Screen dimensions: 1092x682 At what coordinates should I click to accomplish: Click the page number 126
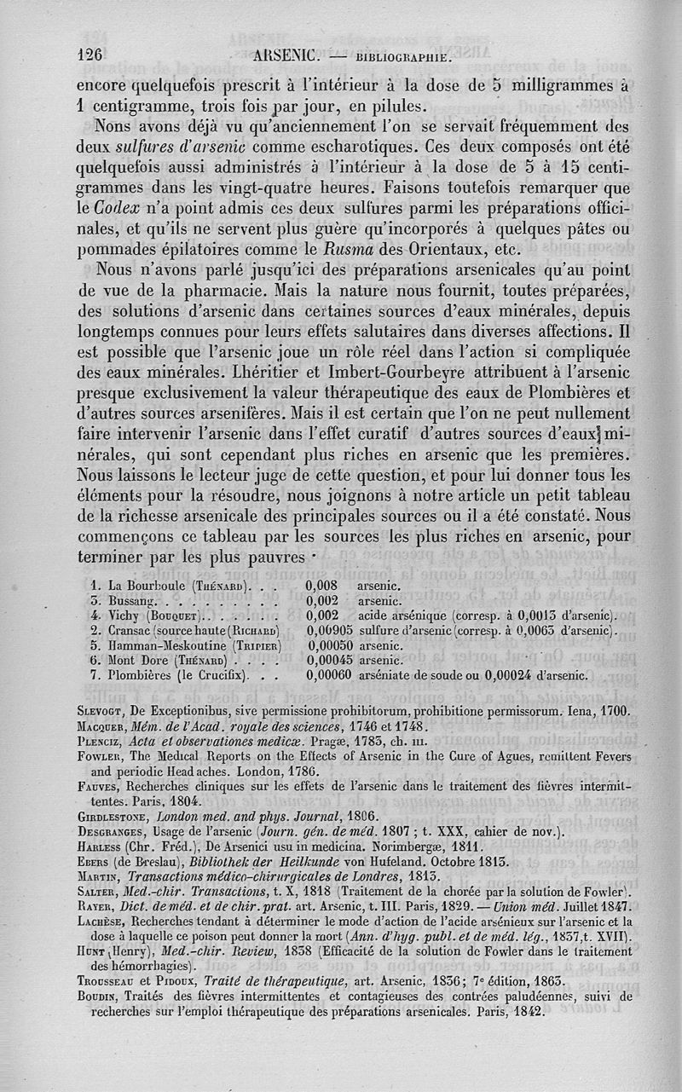coord(90,54)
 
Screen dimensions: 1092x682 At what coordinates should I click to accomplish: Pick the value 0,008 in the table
coord(323,586)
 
